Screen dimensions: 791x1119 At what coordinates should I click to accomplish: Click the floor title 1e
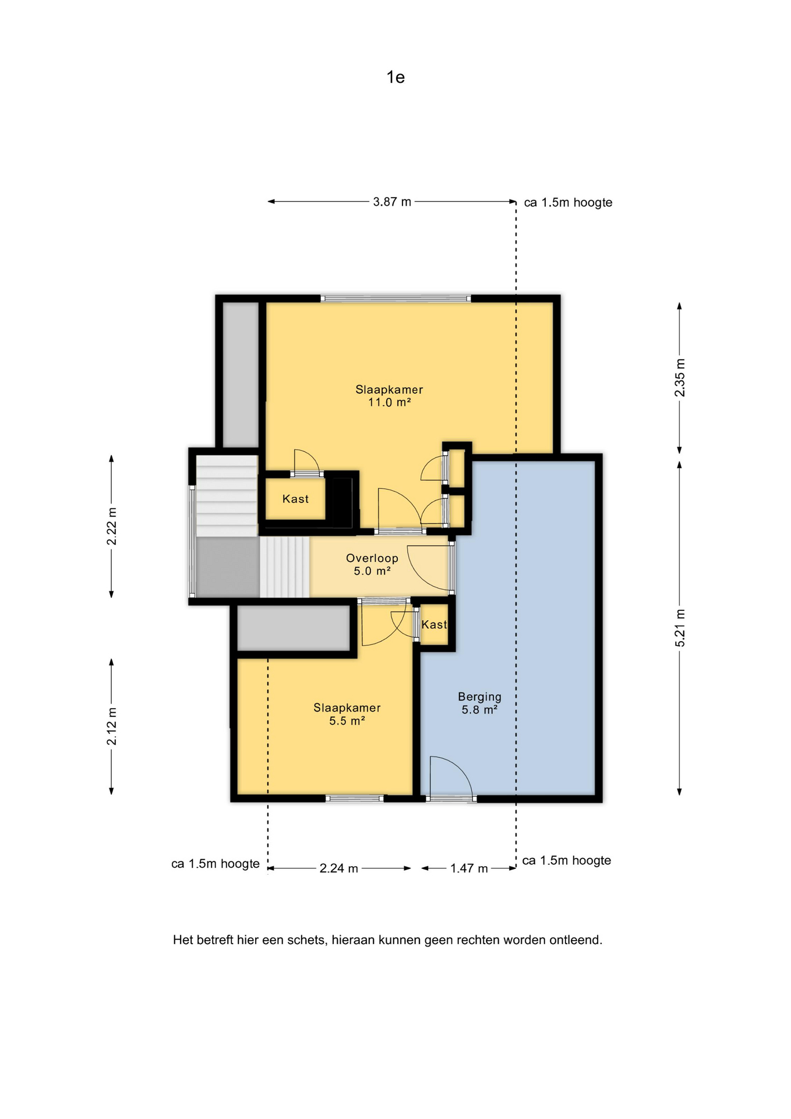click(395, 77)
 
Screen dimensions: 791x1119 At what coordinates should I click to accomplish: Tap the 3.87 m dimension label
click(392, 202)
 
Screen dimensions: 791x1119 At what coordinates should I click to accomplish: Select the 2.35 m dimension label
click(680, 378)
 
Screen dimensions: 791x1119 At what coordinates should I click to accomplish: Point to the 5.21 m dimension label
click(680, 628)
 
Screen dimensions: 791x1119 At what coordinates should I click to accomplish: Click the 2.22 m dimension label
click(111, 527)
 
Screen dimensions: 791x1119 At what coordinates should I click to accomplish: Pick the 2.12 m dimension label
click(111, 726)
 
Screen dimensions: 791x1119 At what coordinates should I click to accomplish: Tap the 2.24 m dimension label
click(338, 868)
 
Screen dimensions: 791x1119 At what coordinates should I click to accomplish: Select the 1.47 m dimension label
click(469, 868)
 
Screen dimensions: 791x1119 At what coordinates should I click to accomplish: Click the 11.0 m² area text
click(389, 402)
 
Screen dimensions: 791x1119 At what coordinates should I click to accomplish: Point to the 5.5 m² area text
click(347, 721)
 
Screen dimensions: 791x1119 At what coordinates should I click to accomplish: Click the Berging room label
click(479, 696)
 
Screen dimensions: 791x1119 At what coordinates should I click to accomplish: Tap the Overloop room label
click(372, 558)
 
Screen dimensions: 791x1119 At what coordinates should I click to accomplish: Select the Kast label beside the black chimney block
click(295, 499)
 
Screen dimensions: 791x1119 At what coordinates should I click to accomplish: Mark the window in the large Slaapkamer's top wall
click(395, 298)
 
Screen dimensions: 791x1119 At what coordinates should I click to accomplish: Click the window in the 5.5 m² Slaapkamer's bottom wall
click(355, 798)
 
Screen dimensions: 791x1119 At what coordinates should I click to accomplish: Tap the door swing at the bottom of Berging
click(450, 776)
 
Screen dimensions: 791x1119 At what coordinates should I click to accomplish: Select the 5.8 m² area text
click(479, 710)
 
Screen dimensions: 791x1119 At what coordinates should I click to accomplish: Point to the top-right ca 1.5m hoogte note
click(568, 202)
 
